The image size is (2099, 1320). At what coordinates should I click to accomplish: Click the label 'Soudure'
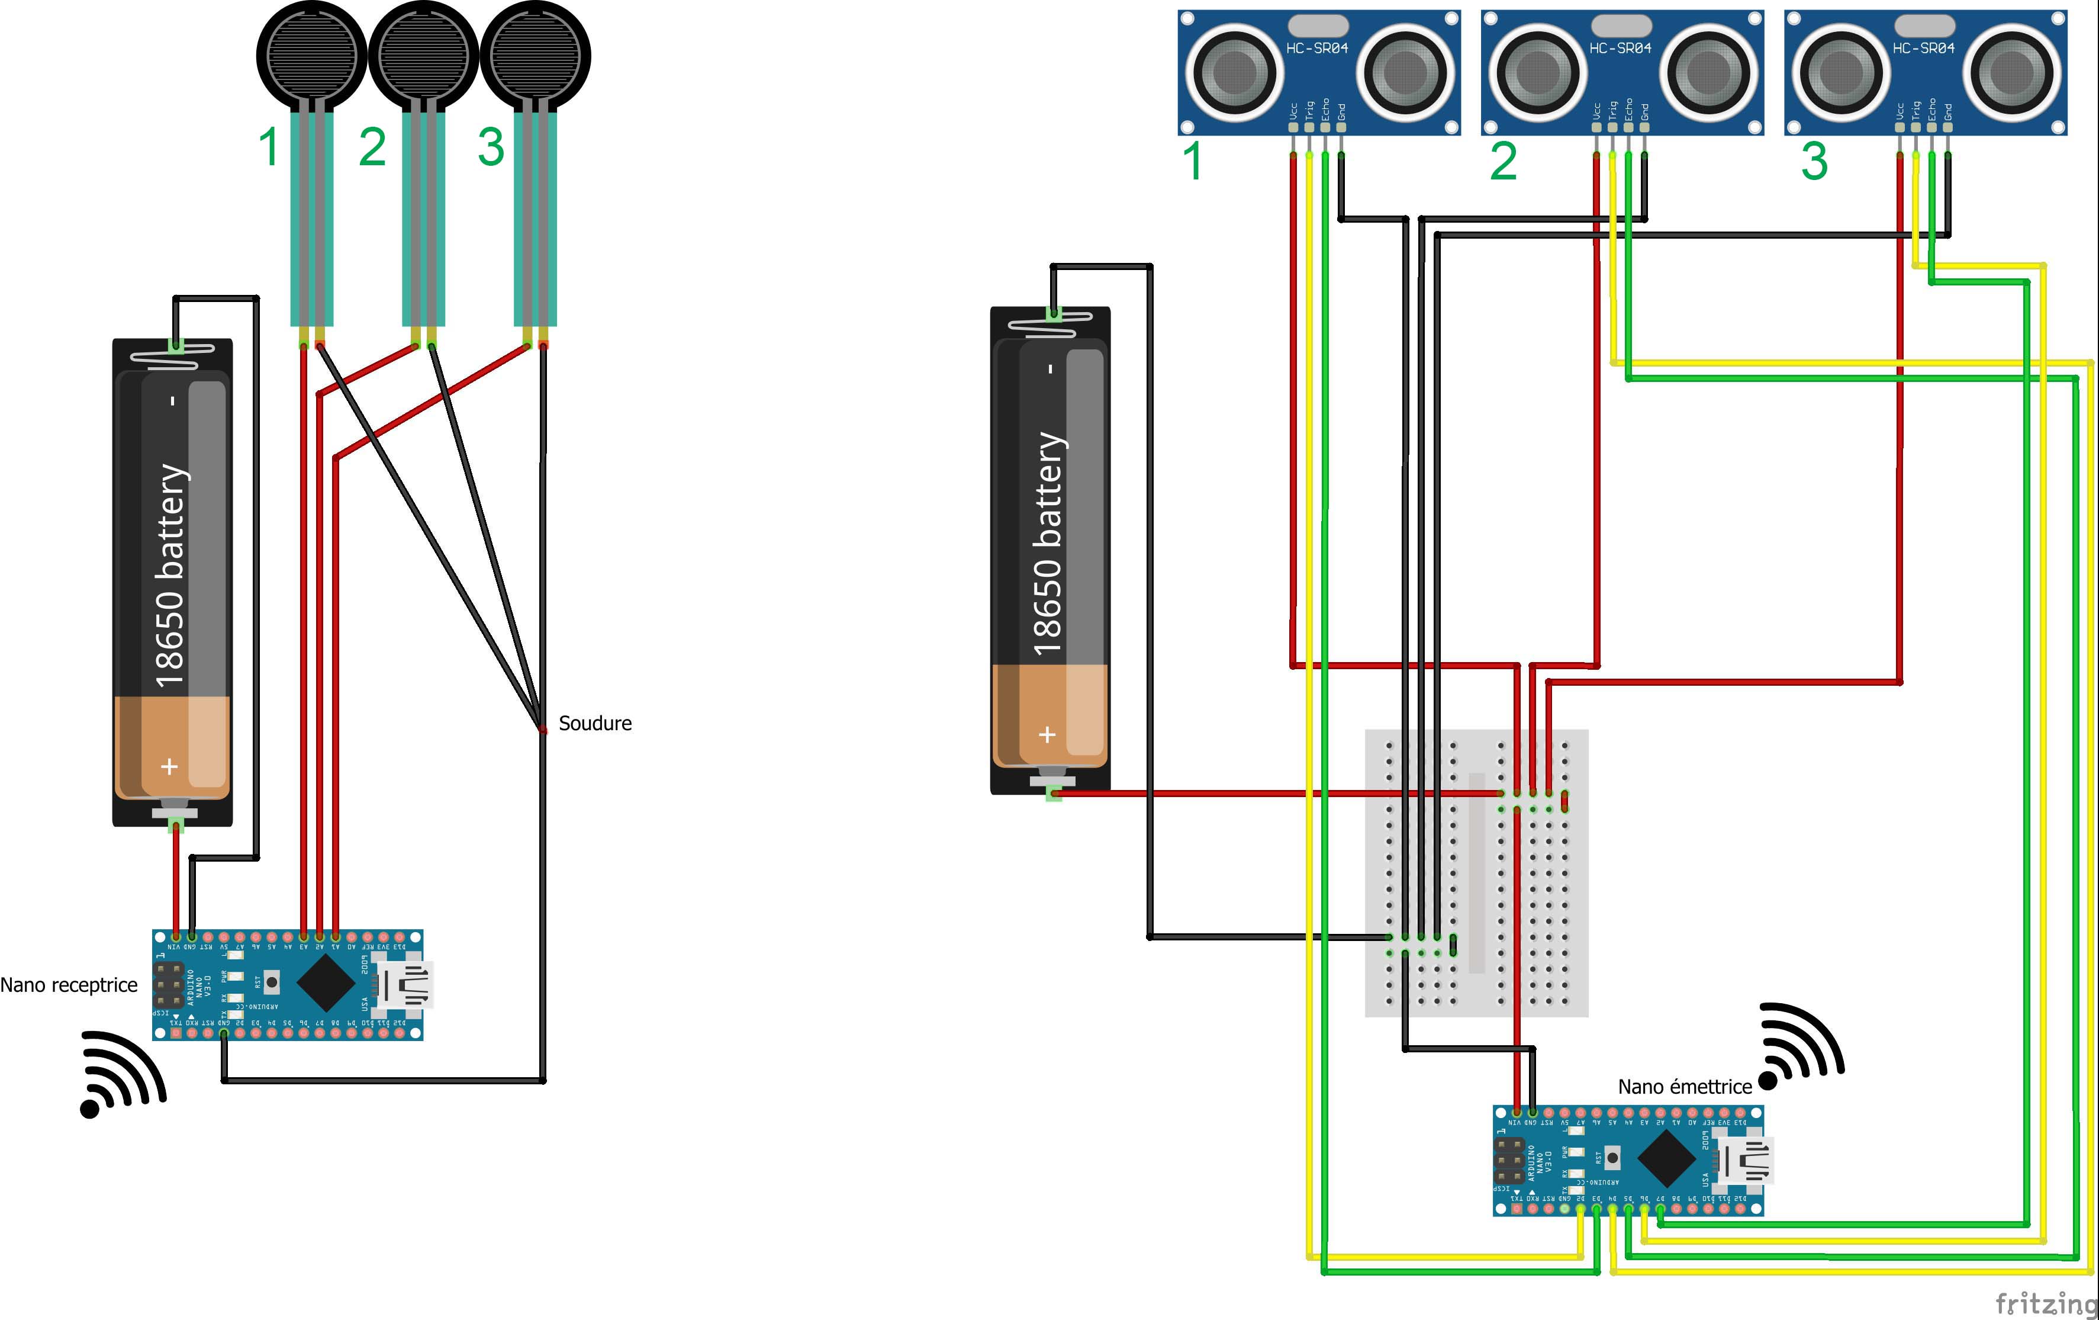(x=594, y=723)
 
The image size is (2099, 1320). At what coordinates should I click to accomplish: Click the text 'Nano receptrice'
(x=69, y=985)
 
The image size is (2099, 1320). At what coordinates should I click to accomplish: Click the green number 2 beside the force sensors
(x=372, y=147)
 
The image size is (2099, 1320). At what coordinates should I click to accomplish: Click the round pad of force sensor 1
(x=311, y=54)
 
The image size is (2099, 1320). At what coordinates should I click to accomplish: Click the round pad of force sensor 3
(x=535, y=54)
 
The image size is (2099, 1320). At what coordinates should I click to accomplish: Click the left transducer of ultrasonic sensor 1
(x=1234, y=72)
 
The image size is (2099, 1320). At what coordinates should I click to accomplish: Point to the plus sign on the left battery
(x=169, y=766)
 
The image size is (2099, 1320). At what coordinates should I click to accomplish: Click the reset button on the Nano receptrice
(x=272, y=982)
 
